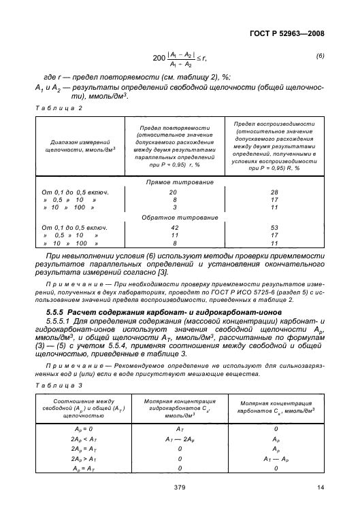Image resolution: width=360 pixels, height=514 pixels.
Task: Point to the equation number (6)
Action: (x=321, y=59)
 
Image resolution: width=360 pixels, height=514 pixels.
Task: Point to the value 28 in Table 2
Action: (x=274, y=192)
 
